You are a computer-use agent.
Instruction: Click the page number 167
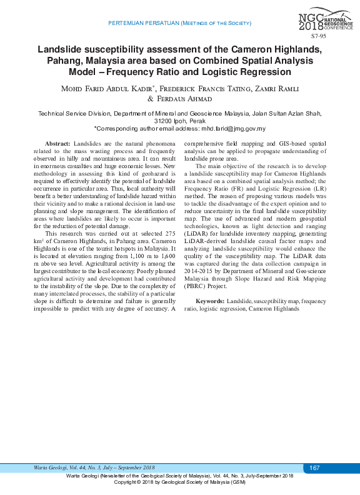(314, 468)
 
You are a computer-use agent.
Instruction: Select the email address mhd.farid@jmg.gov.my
(233, 129)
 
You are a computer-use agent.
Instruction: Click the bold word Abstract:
(59, 144)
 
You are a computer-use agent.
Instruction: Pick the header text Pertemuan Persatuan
(143, 22)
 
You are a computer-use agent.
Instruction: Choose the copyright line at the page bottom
(179, 482)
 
